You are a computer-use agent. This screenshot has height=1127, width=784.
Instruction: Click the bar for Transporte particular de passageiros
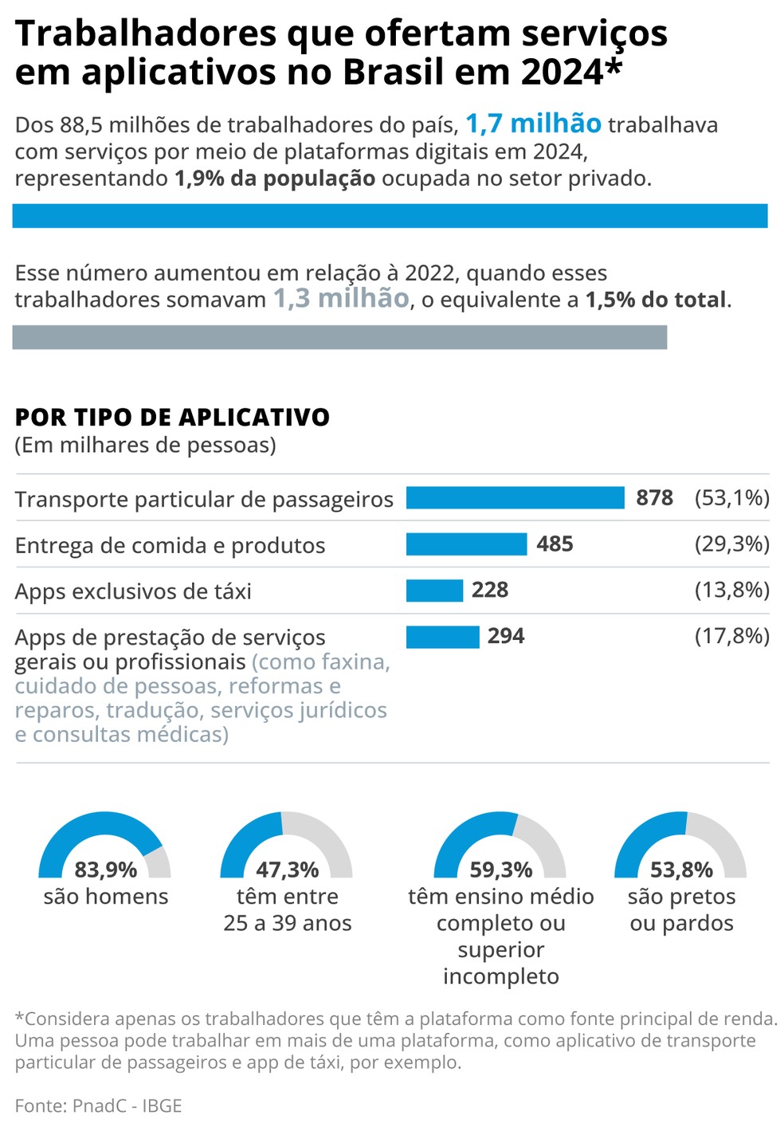point(515,498)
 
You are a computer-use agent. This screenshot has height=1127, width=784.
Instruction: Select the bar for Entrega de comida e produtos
point(466,544)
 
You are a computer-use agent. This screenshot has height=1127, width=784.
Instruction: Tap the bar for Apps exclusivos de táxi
point(434,591)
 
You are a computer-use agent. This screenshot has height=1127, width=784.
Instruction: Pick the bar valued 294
point(442,637)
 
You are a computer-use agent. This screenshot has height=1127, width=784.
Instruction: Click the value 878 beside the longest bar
point(654,498)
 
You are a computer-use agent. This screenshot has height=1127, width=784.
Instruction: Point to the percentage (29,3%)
point(731,544)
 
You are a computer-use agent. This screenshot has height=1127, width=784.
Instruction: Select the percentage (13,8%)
point(731,591)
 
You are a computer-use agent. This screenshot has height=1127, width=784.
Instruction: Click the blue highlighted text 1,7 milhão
point(533,124)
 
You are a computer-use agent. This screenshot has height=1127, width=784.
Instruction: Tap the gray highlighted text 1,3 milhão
point(341,299)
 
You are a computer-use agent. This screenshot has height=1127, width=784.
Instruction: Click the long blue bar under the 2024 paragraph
point(390,216)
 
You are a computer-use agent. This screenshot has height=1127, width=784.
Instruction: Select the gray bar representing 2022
point(339,337)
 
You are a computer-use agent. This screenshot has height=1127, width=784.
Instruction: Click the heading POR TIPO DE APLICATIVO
point(172,418)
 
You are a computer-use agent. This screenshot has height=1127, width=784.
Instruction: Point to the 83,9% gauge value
point(105,870)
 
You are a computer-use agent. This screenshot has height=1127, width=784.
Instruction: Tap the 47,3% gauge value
point(287,870)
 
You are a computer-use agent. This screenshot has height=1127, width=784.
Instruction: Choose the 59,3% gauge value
point(500,870)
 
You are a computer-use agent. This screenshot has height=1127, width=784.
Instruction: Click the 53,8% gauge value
point(681,870)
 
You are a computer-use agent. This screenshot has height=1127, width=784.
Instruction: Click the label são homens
point(106,897)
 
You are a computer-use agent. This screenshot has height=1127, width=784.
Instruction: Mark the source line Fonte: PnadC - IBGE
point(98,1105)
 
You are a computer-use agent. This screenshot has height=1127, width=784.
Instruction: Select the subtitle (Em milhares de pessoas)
point(145,445)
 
